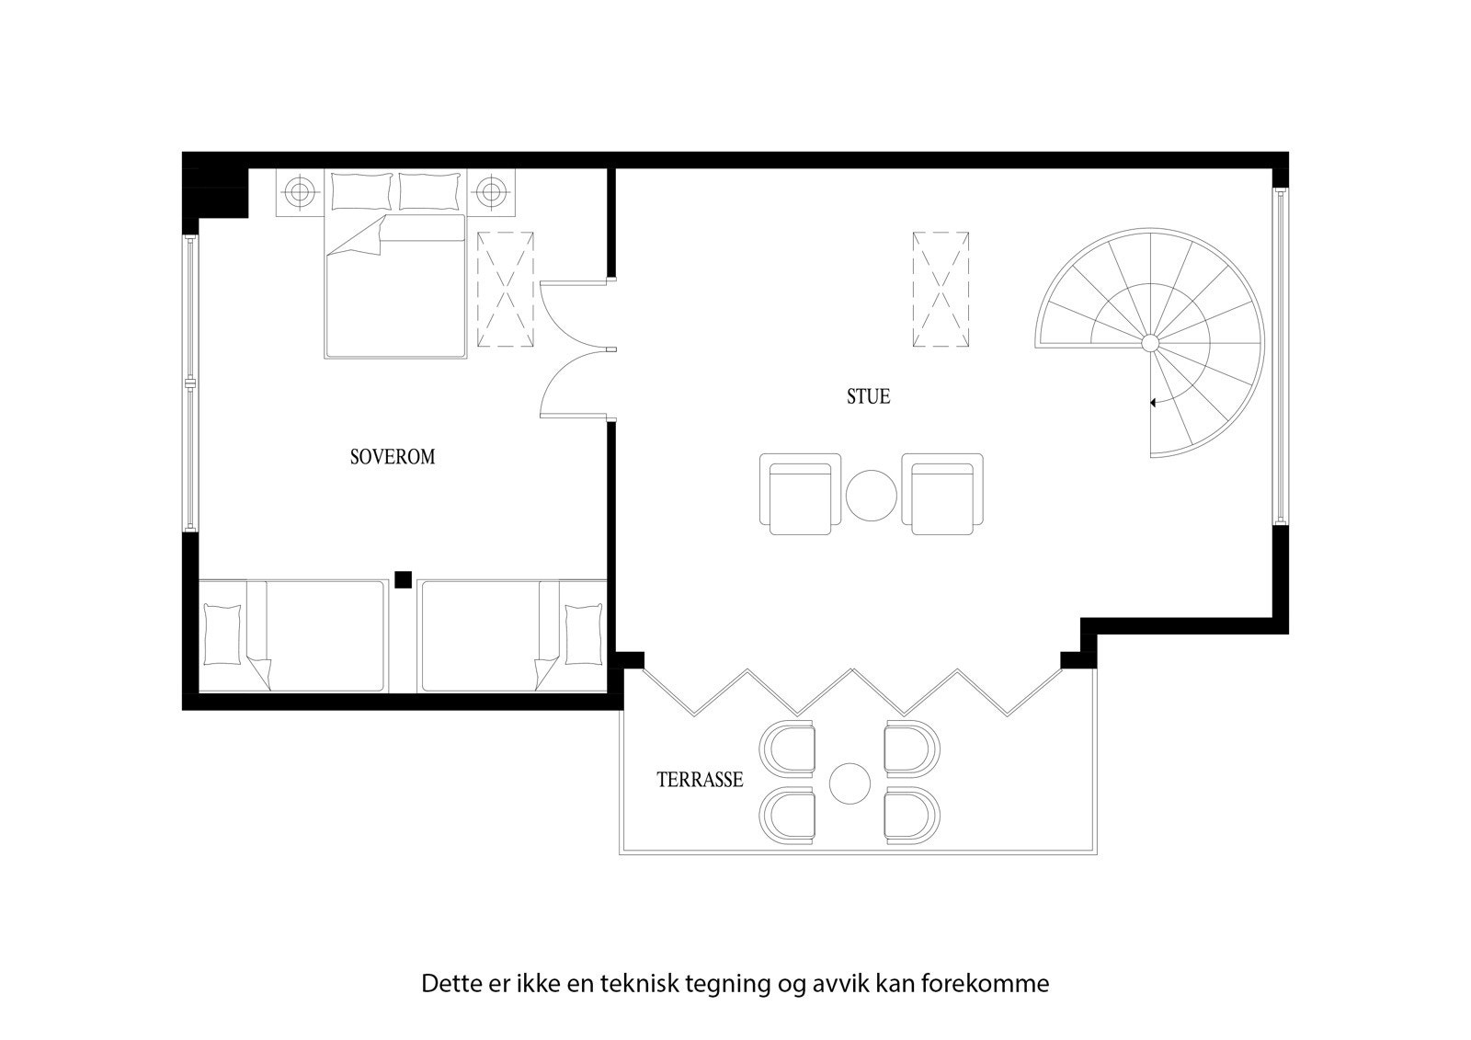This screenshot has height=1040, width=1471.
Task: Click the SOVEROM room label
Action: point(393,457)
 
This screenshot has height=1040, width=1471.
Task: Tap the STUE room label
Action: point(868,397)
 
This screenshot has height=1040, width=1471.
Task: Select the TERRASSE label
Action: point(700,781)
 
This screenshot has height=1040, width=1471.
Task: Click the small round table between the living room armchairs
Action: point(871,496)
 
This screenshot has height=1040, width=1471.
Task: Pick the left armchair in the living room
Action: point(800,495)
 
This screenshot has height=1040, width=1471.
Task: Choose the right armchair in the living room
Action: point(942,495)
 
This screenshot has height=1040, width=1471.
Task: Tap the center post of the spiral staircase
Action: point(1149,343)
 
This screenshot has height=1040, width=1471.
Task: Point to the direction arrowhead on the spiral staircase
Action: point(1153,402)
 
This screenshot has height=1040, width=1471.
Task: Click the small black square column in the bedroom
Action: point(402,578)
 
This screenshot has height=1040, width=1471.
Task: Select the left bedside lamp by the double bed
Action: point(299,193)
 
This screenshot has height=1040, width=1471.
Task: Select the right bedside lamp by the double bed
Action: point(491,193)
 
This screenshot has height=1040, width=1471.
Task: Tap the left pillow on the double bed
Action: point(361,191)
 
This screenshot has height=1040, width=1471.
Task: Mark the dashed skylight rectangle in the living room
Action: point(941,289)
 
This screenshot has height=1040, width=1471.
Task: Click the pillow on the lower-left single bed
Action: point(221,634)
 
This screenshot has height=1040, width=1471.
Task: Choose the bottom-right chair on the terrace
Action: point(911,815)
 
